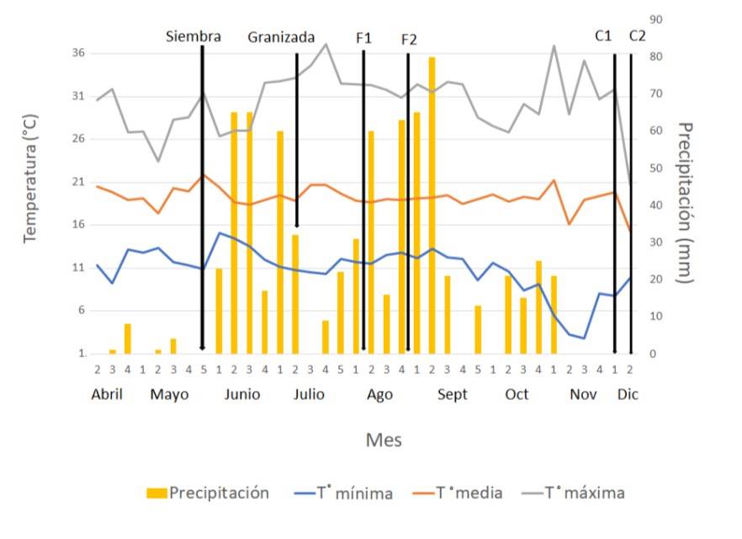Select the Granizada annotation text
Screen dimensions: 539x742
coord(282,37)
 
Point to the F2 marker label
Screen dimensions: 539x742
coord(409,40)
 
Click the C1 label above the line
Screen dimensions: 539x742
coord(603,35)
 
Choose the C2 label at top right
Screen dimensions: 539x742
coord(637,35)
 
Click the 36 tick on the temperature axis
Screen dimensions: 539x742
coord(79,53)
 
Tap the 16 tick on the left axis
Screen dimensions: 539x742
coord(79,225)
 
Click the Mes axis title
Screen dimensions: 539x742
coord(383,440)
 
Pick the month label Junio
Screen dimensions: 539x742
coord(241,395)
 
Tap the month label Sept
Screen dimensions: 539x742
coord(453,395)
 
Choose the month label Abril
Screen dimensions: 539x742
coord(108,395)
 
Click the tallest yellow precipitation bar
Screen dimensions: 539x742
coord(432,202)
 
